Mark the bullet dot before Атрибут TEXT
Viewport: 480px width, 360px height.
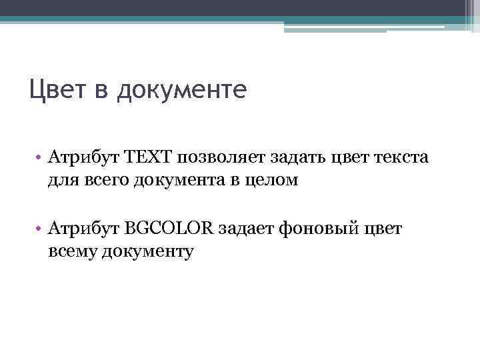40,157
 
